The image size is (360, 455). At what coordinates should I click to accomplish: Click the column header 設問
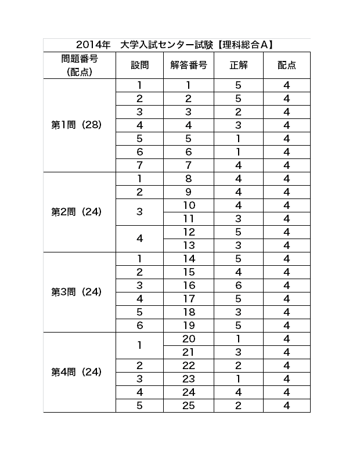coord(139,65)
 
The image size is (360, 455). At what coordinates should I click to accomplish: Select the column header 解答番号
coord(189,65)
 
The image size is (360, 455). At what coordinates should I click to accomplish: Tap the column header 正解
coord(239,65)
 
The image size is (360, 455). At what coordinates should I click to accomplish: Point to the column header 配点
coord(287,65)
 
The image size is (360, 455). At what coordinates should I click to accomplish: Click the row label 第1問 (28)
coord(77,125)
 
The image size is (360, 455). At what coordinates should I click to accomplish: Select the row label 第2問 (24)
coord(77,212)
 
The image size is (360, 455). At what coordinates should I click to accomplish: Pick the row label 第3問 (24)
coord(77,292)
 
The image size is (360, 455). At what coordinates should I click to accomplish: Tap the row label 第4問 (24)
coord(77,372)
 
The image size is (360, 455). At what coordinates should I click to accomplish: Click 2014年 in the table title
coord(93,45)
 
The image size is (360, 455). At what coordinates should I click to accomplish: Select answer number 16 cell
coord(189,286)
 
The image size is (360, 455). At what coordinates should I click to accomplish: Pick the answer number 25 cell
coord(189,406)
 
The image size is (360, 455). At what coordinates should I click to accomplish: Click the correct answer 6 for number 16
coord(239,286)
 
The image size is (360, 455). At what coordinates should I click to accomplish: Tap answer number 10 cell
coord(189,205)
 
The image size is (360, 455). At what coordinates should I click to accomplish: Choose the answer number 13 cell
coord(189,245)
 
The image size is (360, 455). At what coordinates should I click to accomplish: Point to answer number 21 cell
coord(189,352)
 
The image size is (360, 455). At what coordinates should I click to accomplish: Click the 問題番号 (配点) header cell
coord(80,65)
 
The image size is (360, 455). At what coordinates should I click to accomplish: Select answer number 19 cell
coord(189,326)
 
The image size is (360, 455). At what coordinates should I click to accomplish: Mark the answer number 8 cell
coord(189,179)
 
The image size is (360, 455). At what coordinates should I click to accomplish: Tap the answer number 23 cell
coord(189,379)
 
